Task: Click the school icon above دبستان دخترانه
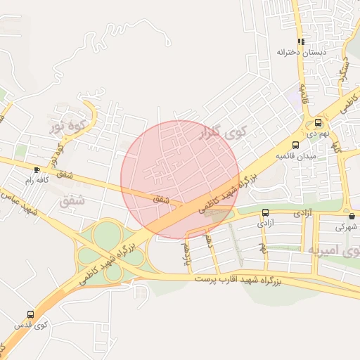pos(301,41)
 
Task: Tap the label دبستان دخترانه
pos(301,53)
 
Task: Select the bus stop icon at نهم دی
pos(319,121)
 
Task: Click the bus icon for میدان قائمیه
pos(295,145)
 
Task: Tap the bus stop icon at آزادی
pos(265,212)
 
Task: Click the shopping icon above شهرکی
pos(351,216)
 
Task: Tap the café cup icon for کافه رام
pos(37,169)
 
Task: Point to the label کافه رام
pos(39,181)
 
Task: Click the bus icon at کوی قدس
pos(30,314)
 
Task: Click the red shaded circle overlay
pos(178,179)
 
